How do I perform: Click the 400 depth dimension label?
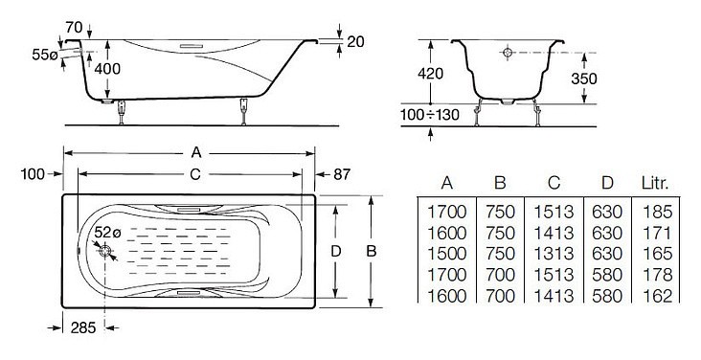coord(108,69)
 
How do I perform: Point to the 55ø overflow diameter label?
coord(45,55)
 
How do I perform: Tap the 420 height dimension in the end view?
coord(430,74)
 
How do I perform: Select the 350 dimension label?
coord(584,79)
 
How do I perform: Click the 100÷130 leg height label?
coord(430,115)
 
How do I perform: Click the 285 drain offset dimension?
coord(83,327)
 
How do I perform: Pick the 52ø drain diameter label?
coord(108,233)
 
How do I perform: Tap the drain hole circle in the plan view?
coord(105,251)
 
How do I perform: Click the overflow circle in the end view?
coord(508,53)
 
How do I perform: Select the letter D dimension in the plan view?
coord(336,251)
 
